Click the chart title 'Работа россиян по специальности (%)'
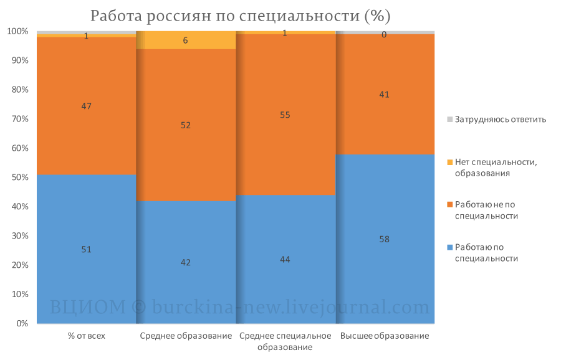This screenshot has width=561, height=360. click(x=240, y=16)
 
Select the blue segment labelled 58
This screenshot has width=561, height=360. click(x=385, y=239)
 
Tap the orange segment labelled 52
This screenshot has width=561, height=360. click(x=186, y=125)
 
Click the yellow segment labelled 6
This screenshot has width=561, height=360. click(x=186, y=40)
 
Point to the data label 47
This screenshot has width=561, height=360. click(x=86, y=106)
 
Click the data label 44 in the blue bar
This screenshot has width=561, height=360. click(x=285, y=260)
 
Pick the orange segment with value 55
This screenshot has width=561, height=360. click(x=285, y=115)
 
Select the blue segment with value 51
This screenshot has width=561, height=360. click(x=87, y=249)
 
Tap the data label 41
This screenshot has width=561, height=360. click(x=384, y=95)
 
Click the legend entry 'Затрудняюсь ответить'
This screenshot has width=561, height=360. click(x=497, y=120)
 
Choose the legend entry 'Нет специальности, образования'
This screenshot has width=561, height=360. click(x=492, y=168)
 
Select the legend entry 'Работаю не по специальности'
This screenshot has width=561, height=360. click(x=482, y=211)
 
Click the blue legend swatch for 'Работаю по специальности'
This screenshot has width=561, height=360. click(x=450, y=247)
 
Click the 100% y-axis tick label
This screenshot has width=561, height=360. click(x=18, y=32)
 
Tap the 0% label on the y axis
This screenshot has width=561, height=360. click(x=22, y=323)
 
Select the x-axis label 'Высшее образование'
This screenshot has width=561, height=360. click(x=385, y=336)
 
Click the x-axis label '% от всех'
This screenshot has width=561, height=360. click(x=87, y=336)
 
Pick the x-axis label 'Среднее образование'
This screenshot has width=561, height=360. click(x=186, y=336)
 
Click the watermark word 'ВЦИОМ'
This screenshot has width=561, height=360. click(x=88, y=307)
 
